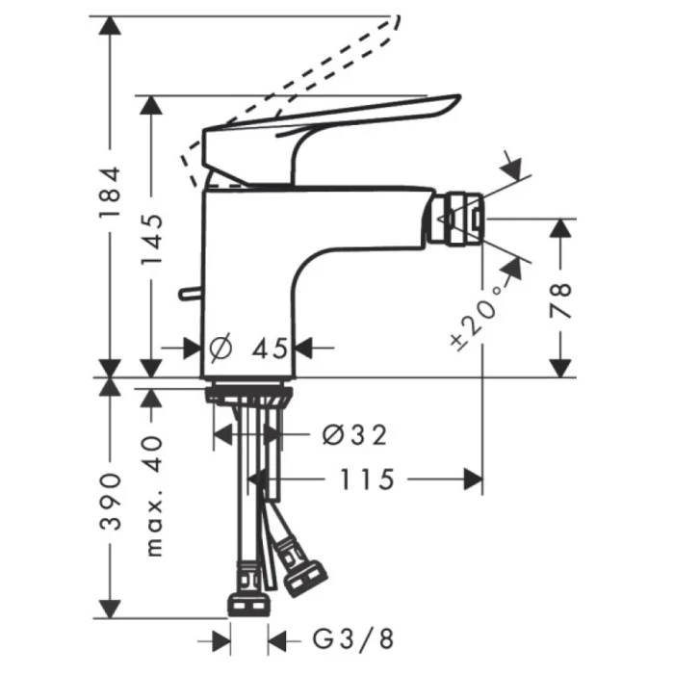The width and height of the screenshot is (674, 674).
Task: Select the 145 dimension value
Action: [151, 242]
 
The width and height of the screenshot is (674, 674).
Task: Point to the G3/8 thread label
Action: [352, 637]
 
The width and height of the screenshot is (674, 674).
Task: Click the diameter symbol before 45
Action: [218, 348]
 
